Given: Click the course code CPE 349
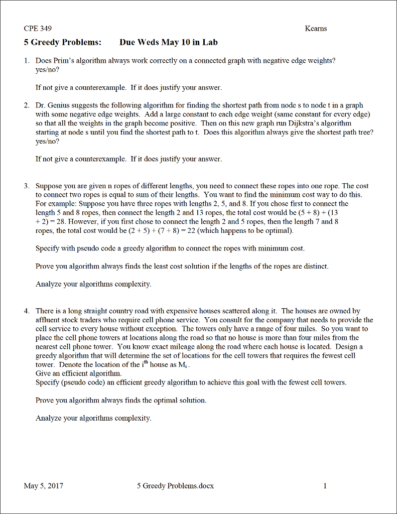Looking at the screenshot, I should pyautogui.click(x=38, y=29).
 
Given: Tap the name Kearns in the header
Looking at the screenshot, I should pyautogui.click(x=316, y=29).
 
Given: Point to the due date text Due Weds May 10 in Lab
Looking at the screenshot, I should pyautogui.click(x=168, y=42).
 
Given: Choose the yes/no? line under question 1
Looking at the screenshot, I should pyautogui.click(x=45, y=69).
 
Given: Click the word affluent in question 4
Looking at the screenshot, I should pyautogui.click(x=48, y=320).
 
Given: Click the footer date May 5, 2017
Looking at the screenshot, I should pyautogui.click(x=44, y=486).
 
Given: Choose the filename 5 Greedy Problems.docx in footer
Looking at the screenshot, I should pyautogui.click(x=175, y=486).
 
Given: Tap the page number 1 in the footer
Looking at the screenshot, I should pyautogui.click(x=325, y=486).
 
